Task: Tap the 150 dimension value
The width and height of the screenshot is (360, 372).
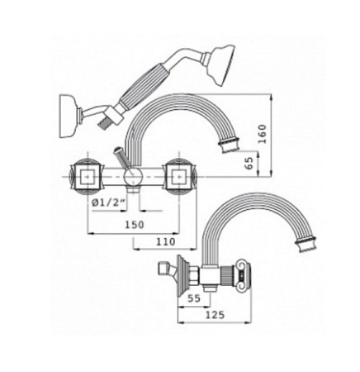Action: coord(133,224)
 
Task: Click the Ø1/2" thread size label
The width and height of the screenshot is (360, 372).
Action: coord(107,202)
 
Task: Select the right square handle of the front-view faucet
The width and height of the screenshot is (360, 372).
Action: coord(178,176)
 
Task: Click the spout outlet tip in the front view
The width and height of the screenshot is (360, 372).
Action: coord(230,149)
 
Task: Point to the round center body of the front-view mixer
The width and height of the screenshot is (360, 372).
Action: coord(133,176)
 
